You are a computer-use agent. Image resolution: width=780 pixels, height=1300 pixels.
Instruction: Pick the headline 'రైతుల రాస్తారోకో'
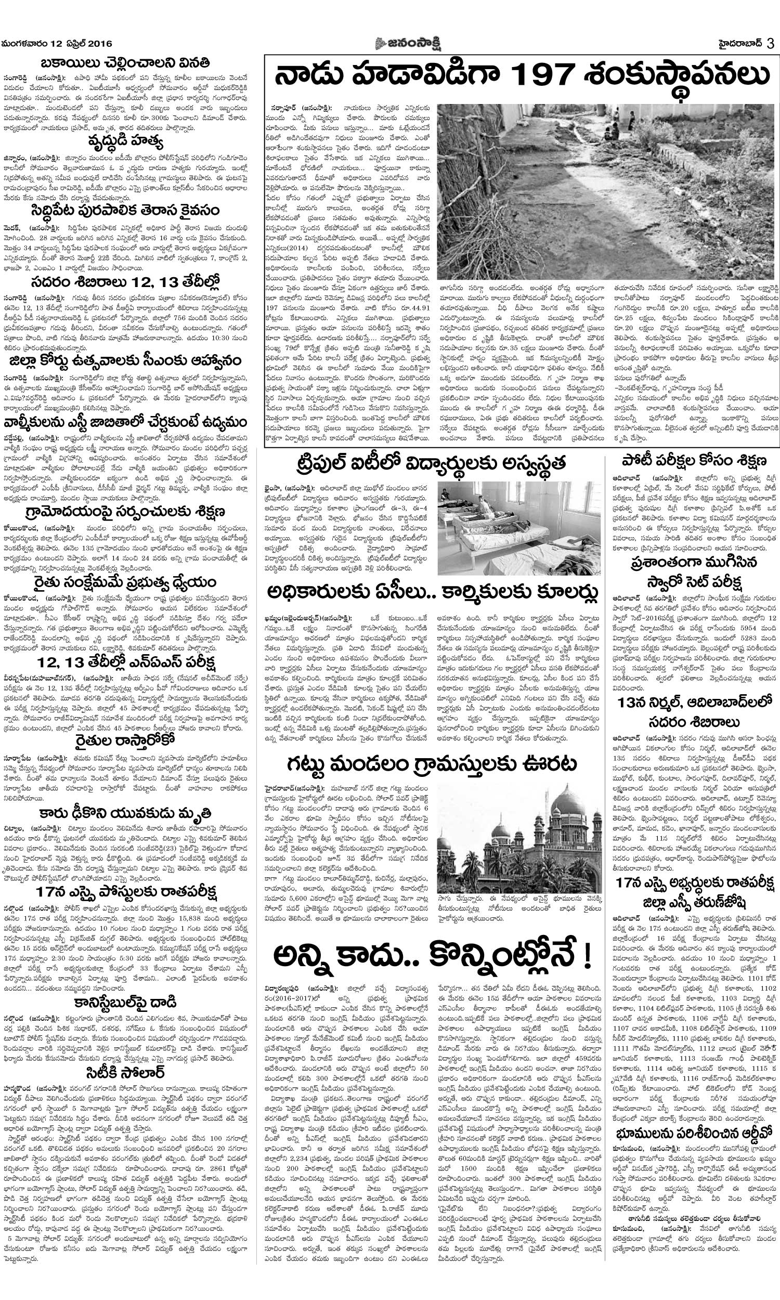(127, 743)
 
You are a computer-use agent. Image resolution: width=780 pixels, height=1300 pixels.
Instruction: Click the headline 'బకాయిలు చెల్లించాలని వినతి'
(127, 62)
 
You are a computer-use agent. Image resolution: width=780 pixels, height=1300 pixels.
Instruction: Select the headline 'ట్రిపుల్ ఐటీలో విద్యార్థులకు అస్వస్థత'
(431, 464)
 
